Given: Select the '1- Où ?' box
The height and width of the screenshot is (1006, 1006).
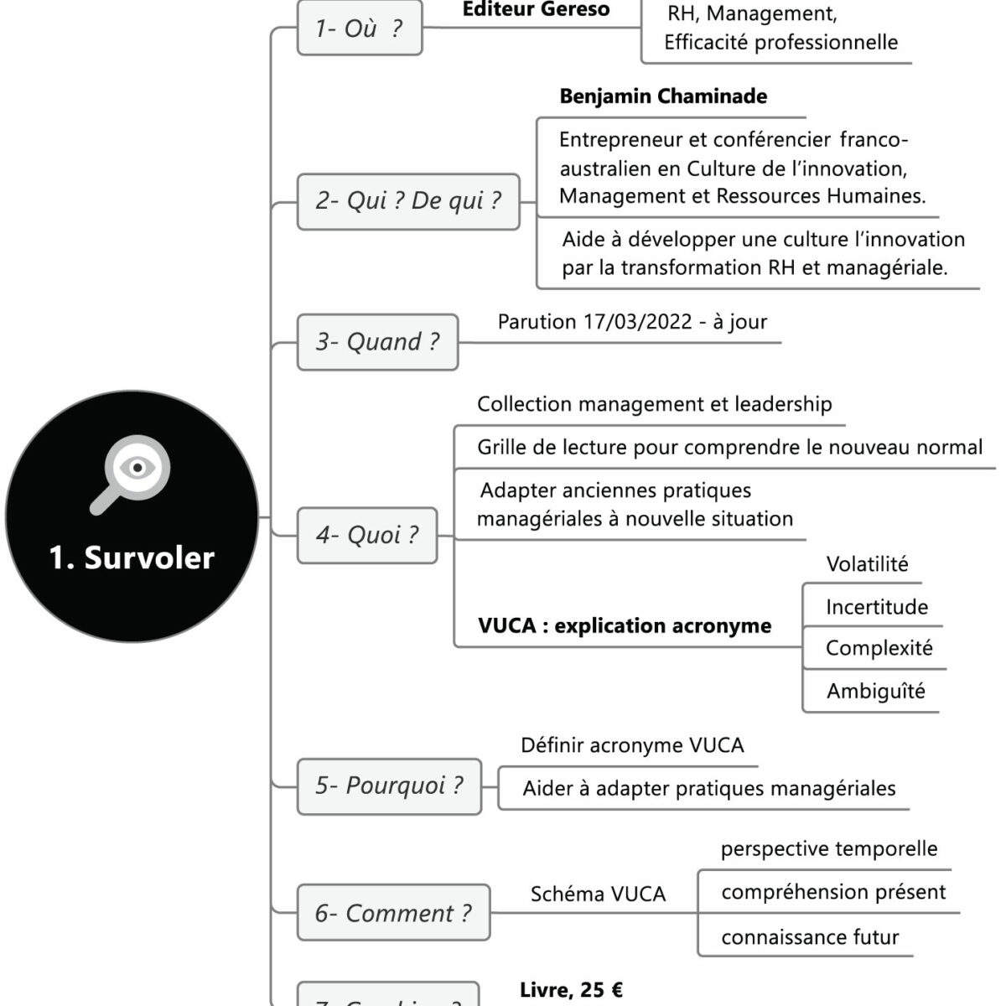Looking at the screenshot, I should point(360,29).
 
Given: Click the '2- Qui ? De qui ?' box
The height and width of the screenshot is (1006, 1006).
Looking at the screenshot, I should point(408,201).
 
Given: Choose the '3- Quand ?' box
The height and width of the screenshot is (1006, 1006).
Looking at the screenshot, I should point(377,342).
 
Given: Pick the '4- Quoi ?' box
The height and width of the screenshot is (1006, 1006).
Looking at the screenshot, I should point(367,535).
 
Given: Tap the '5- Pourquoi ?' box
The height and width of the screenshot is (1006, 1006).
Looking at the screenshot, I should point(389,786).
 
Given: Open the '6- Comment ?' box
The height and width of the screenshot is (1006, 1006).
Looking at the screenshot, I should point(393,913).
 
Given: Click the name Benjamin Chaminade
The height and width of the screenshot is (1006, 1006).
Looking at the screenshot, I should point(663,96).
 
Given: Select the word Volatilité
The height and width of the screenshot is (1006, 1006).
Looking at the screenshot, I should point(867,564).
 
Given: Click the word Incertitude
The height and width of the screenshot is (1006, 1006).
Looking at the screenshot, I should point(877,607).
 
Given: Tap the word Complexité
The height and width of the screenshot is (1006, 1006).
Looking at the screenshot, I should point(879,648).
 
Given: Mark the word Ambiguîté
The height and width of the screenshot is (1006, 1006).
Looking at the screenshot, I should point(876,692).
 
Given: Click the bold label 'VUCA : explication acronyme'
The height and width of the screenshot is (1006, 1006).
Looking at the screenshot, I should point(625,626).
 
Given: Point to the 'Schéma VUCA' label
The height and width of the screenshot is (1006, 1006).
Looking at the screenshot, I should point(598,895).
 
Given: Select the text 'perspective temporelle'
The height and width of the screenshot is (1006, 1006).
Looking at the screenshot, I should point(829,849).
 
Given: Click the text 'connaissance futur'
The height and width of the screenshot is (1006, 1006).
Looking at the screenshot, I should point(810,937).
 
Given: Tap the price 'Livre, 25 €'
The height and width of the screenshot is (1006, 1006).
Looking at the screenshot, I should point(571,990).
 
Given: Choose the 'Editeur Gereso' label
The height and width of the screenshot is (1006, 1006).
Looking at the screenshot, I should point(536,10).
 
